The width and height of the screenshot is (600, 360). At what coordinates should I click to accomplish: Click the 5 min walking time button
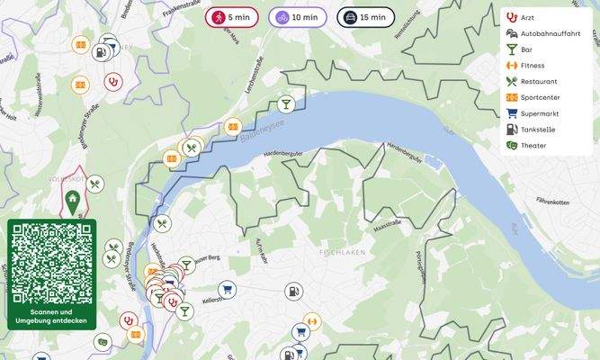[x=232, y=17]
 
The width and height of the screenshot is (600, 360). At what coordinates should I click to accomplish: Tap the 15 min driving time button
[x=365, y=17]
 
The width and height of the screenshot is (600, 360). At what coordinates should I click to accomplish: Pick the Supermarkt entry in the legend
[x=539, y=113]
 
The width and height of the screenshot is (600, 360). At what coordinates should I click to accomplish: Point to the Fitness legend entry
[x=532, y=65]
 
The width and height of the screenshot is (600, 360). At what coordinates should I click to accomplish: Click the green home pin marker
[x=73, y=202]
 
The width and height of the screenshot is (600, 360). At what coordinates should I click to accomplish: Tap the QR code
[x=51, y=263]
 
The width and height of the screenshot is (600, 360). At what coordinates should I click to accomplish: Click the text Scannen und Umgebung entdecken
[x=51, y=316]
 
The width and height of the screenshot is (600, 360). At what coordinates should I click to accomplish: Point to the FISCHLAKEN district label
[x=342, y=253]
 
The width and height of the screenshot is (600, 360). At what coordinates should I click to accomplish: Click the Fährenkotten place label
[x=553, y=201]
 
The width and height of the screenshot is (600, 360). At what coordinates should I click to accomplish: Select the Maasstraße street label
[x=386, y=222]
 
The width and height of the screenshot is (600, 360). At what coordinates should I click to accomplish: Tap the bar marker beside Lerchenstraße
[x=285, y=103]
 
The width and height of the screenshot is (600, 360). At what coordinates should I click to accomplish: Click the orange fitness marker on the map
[x=312, y=319]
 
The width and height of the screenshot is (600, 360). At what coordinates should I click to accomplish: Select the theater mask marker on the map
[x=103, y=341]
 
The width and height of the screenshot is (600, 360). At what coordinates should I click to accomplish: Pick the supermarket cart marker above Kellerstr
[x=226, y=289]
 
